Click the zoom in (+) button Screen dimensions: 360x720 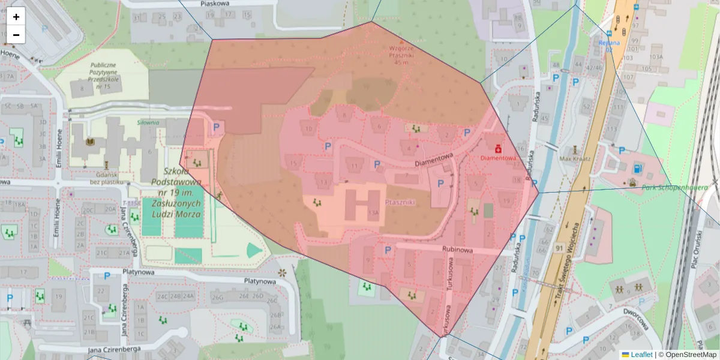point(16,17)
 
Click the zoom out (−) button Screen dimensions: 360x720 point(16,35)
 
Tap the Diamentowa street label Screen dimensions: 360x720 point(433,158)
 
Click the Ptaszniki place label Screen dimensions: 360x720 point(401,203)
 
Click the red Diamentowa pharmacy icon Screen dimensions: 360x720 point(497,148)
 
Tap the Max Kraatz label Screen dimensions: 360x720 point(575,158)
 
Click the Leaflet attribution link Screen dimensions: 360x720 point(641,355)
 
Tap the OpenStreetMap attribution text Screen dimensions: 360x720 point(687,355)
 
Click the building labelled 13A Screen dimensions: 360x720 point(373,212)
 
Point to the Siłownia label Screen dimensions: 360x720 point(147,122)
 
